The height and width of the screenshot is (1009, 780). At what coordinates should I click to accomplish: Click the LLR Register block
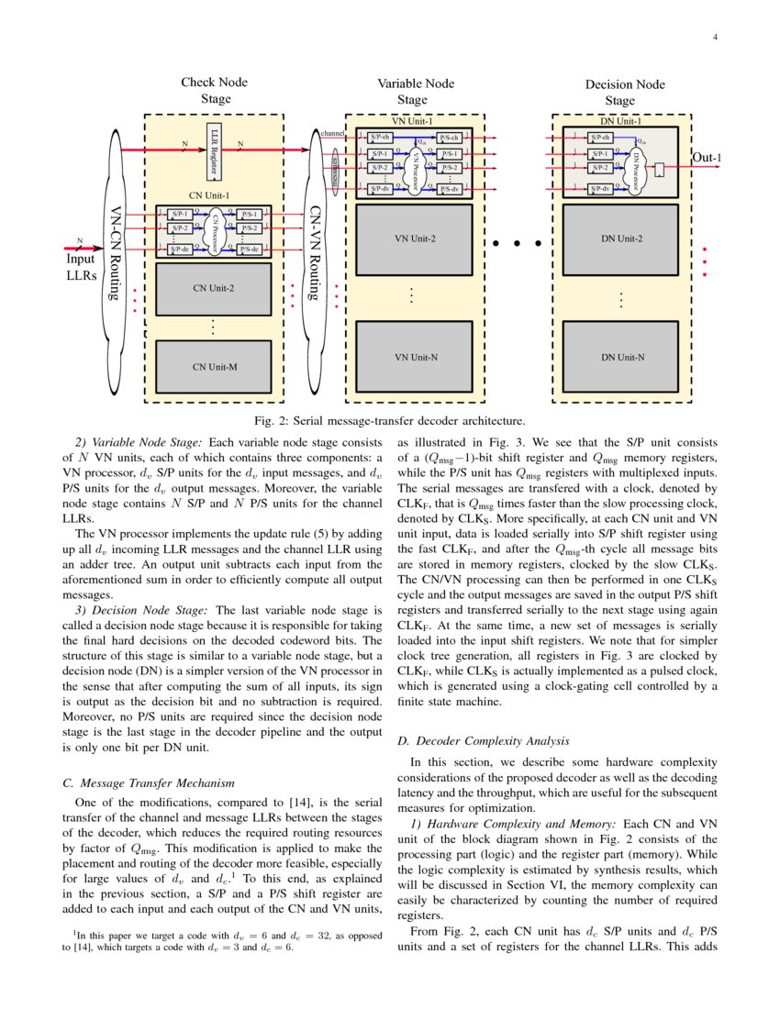tap(215, 150)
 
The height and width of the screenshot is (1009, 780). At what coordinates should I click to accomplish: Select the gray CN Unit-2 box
tap(214, 288)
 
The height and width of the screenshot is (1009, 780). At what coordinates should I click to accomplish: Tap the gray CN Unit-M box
tap(214, 366)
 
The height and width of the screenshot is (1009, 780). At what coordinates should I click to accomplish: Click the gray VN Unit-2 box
tap(414, 238)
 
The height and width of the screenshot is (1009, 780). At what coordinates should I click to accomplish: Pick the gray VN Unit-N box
tap(414, 356)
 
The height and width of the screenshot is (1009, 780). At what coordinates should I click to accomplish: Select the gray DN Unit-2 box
tap(620, 238)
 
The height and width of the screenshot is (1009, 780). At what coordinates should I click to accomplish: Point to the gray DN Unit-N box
tap(620, 356)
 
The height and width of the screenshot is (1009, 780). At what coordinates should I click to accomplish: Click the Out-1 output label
tap(706, 158)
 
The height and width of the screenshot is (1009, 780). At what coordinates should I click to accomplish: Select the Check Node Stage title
tap(215, 91)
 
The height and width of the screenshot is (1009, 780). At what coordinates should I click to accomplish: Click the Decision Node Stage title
tap(624, 93)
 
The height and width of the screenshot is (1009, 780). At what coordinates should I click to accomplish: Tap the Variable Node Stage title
tap(415, 92)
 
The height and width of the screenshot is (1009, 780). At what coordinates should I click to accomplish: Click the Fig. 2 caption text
tap(389, 421)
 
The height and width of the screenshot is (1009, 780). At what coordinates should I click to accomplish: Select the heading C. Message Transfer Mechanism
tap(146, 782)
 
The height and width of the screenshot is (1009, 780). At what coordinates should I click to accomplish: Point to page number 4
tap(714, 38)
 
